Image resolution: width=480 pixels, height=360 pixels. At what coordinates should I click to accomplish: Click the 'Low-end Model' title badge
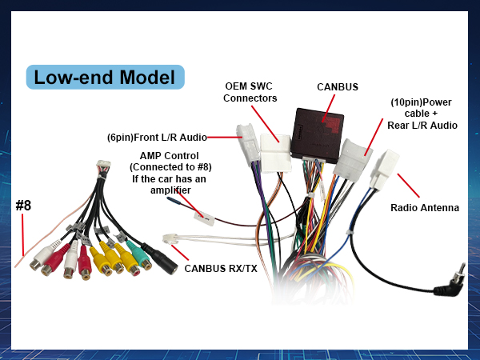point(105,77)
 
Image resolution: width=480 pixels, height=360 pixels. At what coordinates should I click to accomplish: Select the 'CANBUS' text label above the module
point(337,86)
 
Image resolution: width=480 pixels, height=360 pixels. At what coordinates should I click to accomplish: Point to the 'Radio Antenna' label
point(425,208)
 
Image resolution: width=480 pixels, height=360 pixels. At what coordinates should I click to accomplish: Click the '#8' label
point(23,206)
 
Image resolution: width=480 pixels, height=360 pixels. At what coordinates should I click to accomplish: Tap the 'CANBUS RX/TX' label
point(221,268)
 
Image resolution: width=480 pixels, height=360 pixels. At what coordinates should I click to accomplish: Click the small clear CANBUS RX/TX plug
point(171,238)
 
